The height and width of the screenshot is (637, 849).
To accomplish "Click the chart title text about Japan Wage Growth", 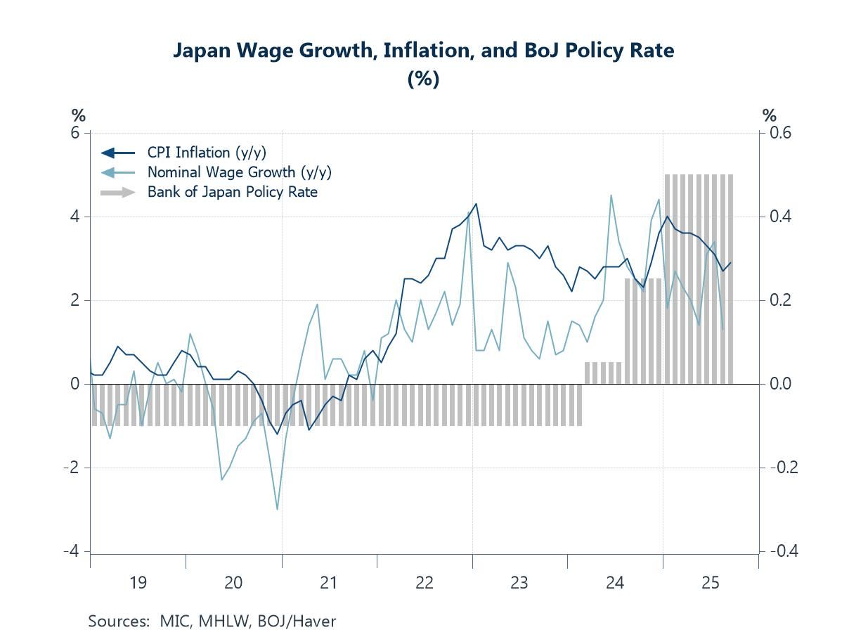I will click(x=424, y=51).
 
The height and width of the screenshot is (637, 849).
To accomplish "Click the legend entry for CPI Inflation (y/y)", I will click(x=207, y=153).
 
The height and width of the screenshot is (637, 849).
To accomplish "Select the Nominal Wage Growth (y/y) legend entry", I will click(x=239, y=172).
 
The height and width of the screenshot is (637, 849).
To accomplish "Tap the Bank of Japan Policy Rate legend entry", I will click(x=232, y=192).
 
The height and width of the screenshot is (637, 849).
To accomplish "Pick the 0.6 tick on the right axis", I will click(x=777, y=133).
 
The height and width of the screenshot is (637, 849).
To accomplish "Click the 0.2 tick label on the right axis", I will click(x=777, y=300).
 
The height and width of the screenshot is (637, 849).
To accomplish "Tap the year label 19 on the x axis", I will click(x=138, y=582).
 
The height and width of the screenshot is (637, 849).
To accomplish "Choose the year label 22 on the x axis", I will click(x=424, y=582).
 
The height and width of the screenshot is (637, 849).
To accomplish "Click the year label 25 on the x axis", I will click(x=710, y=582).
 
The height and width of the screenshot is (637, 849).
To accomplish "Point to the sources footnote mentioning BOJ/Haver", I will click(x=212, y=622).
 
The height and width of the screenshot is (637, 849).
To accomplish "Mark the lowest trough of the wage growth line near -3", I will click(x=278, y=509).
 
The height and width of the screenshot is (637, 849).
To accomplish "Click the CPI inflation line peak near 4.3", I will click(x=476, y=204).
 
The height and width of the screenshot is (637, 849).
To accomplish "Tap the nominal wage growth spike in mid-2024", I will click(x=611, y=195).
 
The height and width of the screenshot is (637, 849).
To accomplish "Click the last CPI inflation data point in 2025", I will click(x=731, y=263).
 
